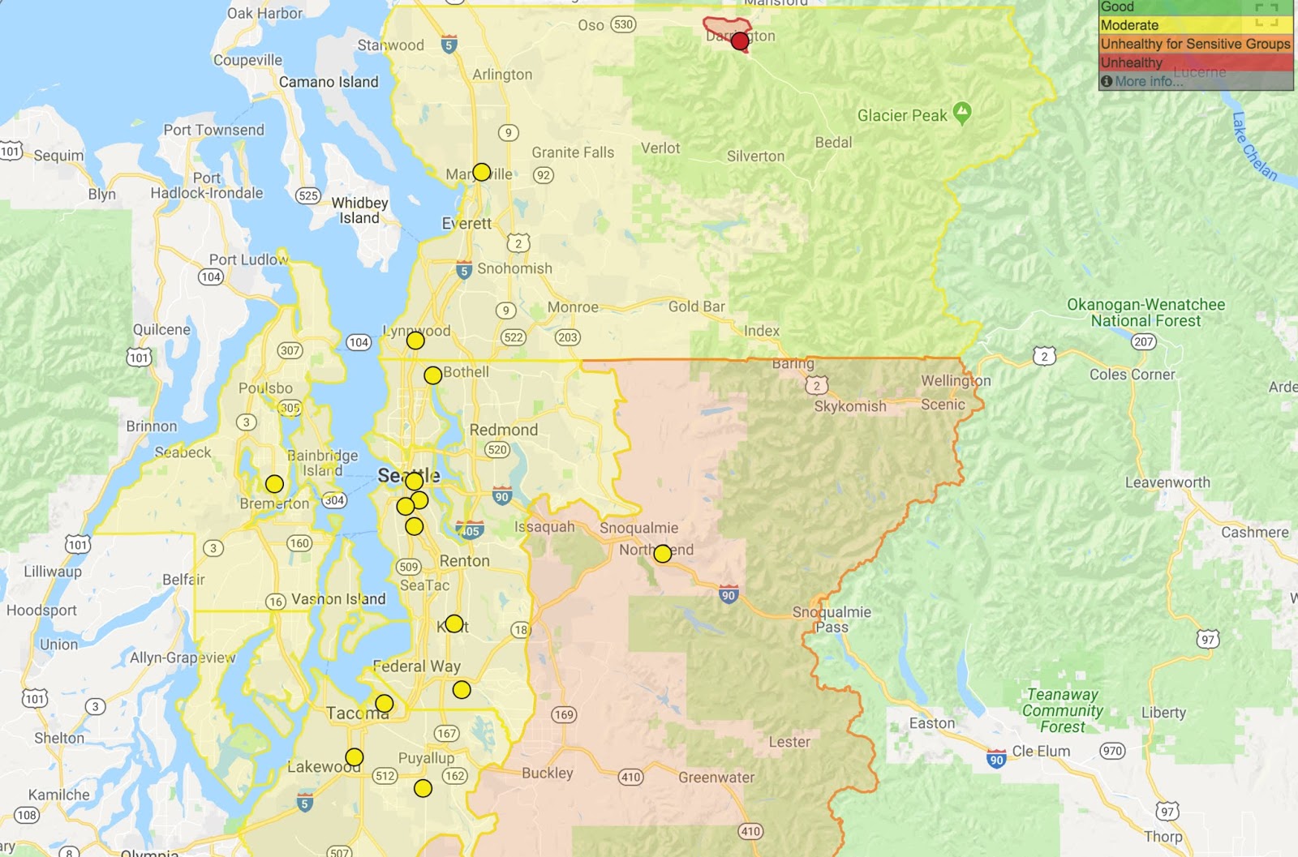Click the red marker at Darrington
(x=739, y=41)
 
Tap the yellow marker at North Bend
(x=663, y=554)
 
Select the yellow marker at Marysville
(x=481, y=172)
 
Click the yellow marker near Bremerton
(x=274, y=484)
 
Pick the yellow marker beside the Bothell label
(x=432, y=375)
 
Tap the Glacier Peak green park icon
(x=962, y=113)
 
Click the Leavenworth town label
(x=1167, y=482)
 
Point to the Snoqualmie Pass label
(x=832, y=619)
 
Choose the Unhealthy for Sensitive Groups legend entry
(x=1194, y=44)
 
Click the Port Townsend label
(x=213, y=130)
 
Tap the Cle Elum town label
(x=1041, y=751)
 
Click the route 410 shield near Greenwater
(x=630, y=777)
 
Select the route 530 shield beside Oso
(x=623, y=24)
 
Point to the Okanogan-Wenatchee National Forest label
(x=1145, y=312)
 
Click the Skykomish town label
(x=849, y=406)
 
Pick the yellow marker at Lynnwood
(x=415, y=341)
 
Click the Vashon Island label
(x=338, y=599)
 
